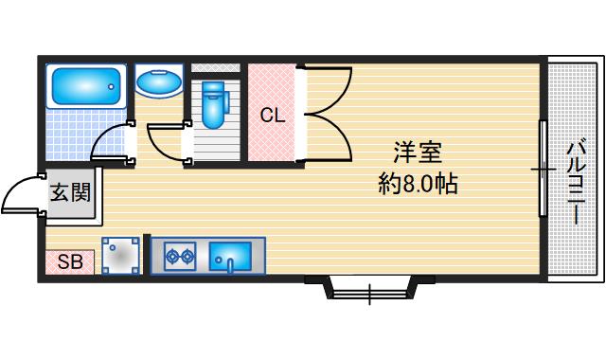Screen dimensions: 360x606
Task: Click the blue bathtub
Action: [86, 86]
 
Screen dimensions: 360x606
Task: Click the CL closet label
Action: [273, 117]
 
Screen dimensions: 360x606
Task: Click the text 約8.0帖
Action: [418, 184]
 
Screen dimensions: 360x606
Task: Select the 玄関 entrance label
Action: [70, 193]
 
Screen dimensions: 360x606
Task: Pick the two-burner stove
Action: [179, 255]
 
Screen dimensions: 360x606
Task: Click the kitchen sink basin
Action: [230, 255]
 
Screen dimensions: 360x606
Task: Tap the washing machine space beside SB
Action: [122, 255]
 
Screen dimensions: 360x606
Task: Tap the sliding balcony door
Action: [542, 169]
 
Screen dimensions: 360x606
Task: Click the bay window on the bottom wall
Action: [368, 287]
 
